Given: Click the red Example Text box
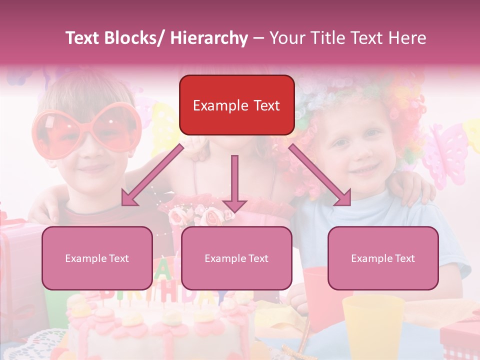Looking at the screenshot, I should tap(236, 105).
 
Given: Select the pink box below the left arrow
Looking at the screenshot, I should tap(97, 258).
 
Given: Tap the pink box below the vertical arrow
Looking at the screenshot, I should tap(236, 258).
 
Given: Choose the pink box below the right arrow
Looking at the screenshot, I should tap(383, 258).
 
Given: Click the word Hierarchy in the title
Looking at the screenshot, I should tap(209, 38).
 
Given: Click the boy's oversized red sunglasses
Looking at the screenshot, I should tap(85, 127).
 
